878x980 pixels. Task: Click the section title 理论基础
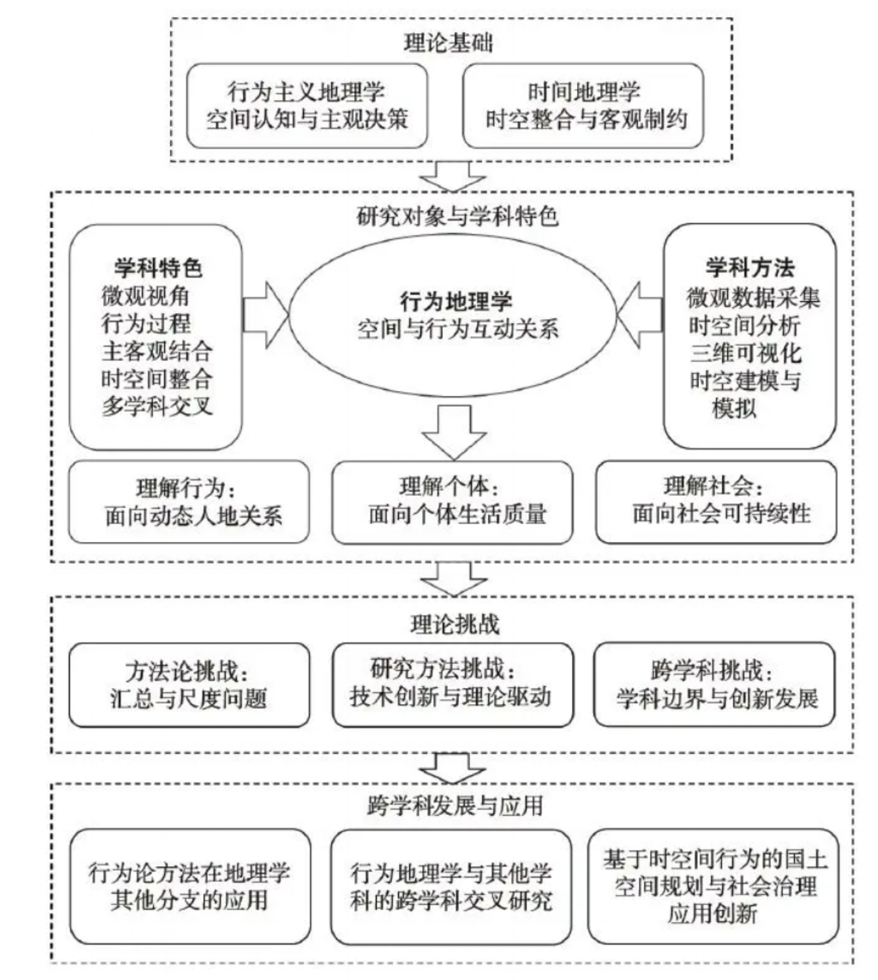(448, 43)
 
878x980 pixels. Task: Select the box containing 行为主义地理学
(307, 106)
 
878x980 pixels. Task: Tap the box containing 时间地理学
(583, 106)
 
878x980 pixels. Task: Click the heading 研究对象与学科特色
(457, 216)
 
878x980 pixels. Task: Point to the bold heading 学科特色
(158, 268)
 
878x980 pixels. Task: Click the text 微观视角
(145, 295)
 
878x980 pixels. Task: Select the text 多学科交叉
(157, 406)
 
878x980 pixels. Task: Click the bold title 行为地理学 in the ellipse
(456, 301)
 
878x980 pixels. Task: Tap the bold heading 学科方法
(750, 268)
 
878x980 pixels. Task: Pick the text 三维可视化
(746, 353)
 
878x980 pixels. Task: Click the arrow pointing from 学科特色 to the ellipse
(266, 315)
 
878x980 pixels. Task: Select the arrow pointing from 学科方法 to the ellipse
(639, 315)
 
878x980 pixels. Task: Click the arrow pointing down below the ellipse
(454, 432)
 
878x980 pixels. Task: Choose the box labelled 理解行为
(189, 502)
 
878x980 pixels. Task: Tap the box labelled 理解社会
(716, 502)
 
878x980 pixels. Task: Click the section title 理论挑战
(455, 624)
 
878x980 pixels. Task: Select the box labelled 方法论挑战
(189, 685)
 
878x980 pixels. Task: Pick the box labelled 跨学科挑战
(714, 685)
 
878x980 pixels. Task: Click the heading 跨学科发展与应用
(455, 806)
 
